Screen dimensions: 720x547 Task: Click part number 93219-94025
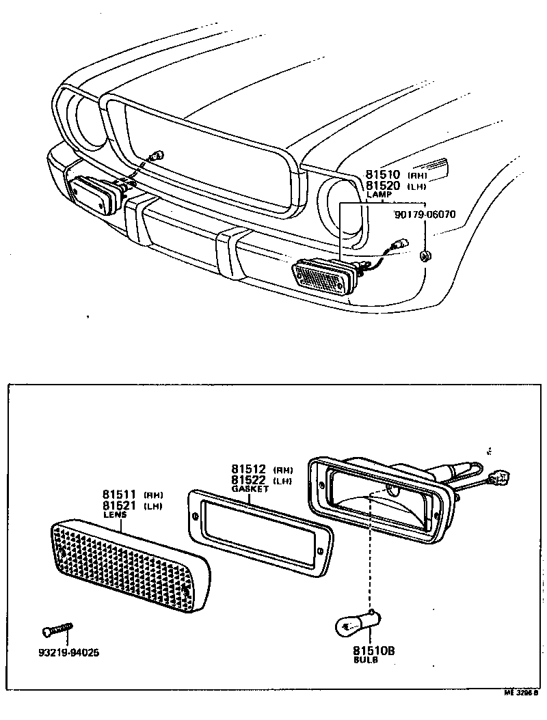(69, 652)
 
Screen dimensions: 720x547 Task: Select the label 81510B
(374, 651)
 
